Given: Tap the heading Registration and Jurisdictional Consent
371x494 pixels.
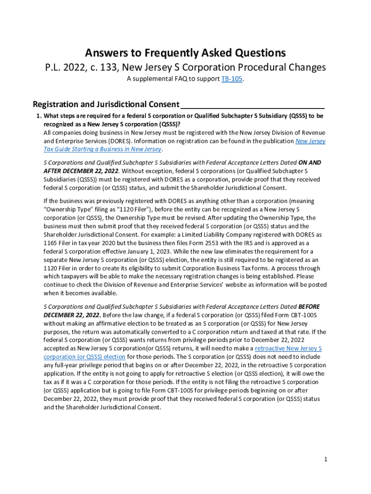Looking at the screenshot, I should pos(106,104).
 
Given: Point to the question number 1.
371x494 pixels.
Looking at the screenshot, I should pos(39,116).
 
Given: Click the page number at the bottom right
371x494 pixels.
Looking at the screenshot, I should pos(326,459).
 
